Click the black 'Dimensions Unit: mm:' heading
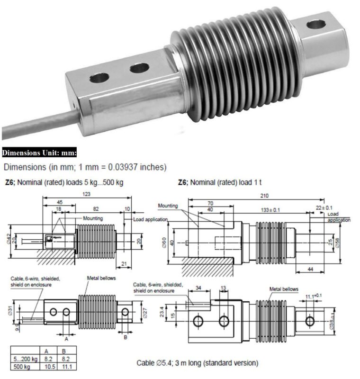click(39, 153)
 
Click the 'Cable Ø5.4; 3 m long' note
click(198, 363)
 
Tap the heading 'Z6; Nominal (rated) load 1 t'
click(223, 182)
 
